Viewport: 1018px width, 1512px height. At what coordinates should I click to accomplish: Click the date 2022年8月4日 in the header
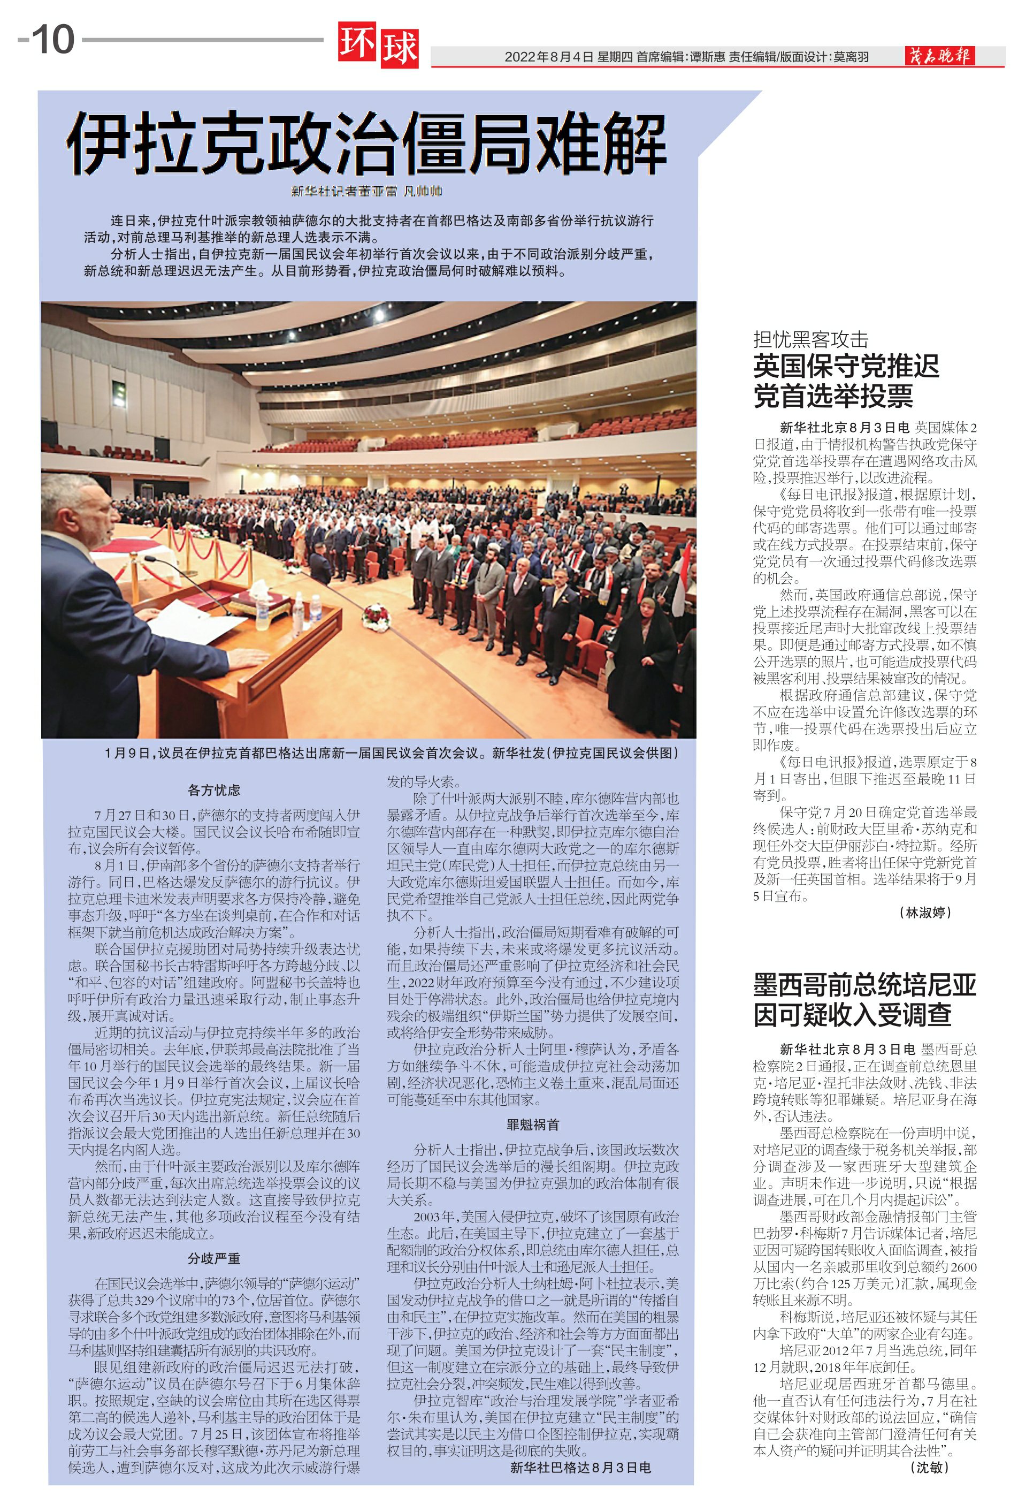tap(549, 57)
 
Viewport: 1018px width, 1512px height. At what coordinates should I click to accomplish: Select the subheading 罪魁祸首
tap(532, 1124)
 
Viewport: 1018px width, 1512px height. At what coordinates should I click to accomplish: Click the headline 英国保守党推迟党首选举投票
tap(846, 381)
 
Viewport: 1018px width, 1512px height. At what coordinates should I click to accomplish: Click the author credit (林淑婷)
tap(925, 913)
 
